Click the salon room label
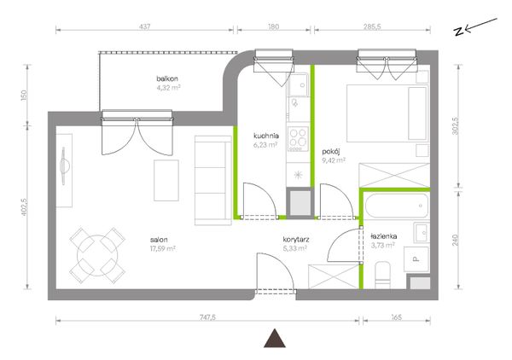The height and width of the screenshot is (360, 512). coord(159,240)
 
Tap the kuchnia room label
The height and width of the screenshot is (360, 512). coord(265,136)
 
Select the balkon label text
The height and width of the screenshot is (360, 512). coord(167,78)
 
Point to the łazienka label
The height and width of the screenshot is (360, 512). coord(384,236)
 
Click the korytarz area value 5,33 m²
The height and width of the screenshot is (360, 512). coord(294,248)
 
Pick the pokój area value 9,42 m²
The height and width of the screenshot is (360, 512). coord(334,160)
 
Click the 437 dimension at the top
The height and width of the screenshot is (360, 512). coord(145,26)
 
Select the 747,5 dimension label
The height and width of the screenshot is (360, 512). coord(207,316)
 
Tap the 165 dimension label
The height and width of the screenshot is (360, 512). coord(396,316)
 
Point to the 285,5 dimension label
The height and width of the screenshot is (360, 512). coord(372,26)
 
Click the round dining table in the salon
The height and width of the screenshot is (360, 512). coord(97,255)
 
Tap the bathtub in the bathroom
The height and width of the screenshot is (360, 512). coord(397,206)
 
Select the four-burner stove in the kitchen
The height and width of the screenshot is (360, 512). coord(298,139)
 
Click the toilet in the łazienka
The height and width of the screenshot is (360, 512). coord(382,276)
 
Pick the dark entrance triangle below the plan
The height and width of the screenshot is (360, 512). coord(275,338)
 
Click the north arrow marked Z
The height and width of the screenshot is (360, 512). coord(475,26)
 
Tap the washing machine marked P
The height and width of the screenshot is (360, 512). coord(416,259)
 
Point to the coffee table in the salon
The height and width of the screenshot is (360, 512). coord(166,180)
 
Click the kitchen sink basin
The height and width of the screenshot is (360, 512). coord(299,84)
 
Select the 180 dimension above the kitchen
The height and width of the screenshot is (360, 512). coord(274,26)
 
